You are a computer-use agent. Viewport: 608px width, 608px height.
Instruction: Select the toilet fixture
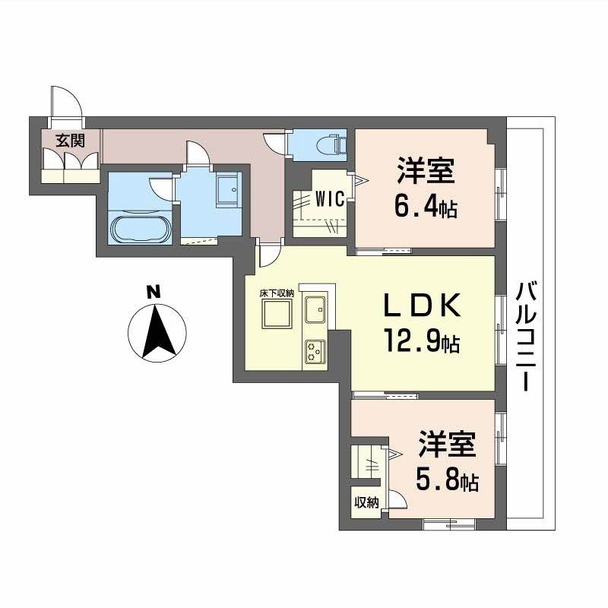(x=333, y=143)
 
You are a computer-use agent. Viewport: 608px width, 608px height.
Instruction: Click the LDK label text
(x=421, y=306)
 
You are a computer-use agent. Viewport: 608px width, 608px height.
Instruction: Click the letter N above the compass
(x=154, y=290)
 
